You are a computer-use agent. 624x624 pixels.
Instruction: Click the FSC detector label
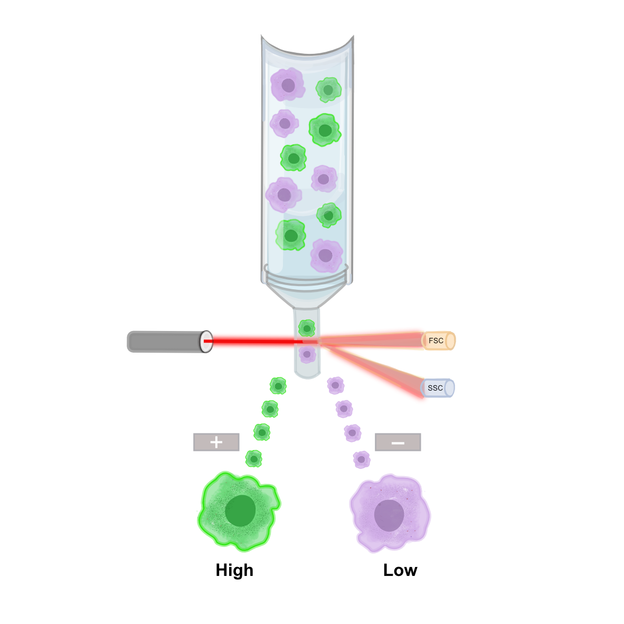tap(436, 341)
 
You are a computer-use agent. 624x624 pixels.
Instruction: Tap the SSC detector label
tap(436, 388)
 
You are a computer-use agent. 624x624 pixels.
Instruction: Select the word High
tap(234, 570)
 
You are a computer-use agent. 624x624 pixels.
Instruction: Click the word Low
tap(400, 570)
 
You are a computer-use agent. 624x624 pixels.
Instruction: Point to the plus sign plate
tap(216, 442)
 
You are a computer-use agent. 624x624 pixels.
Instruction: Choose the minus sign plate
tap(398, 442)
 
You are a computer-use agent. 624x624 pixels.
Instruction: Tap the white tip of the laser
tap(207, 342)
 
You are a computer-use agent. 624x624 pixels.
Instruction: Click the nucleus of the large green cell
tap(241, 510)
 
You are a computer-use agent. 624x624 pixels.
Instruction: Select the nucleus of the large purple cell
tap(389, 515)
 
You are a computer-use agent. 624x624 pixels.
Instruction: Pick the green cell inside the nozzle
tap(307, 328)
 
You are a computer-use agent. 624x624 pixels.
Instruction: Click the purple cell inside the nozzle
tap(307, 354)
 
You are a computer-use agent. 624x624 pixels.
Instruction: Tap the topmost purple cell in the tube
tap(288, 84)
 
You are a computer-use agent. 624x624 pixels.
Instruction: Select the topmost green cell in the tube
tap(328, 90)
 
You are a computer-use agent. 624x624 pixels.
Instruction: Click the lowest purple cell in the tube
tap(326, 256)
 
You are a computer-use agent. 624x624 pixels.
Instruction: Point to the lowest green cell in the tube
tap(290, 235)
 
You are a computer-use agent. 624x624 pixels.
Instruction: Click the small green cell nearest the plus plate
tap(254, 459)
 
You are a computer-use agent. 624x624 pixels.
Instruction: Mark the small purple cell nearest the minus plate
tap(361, 459)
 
